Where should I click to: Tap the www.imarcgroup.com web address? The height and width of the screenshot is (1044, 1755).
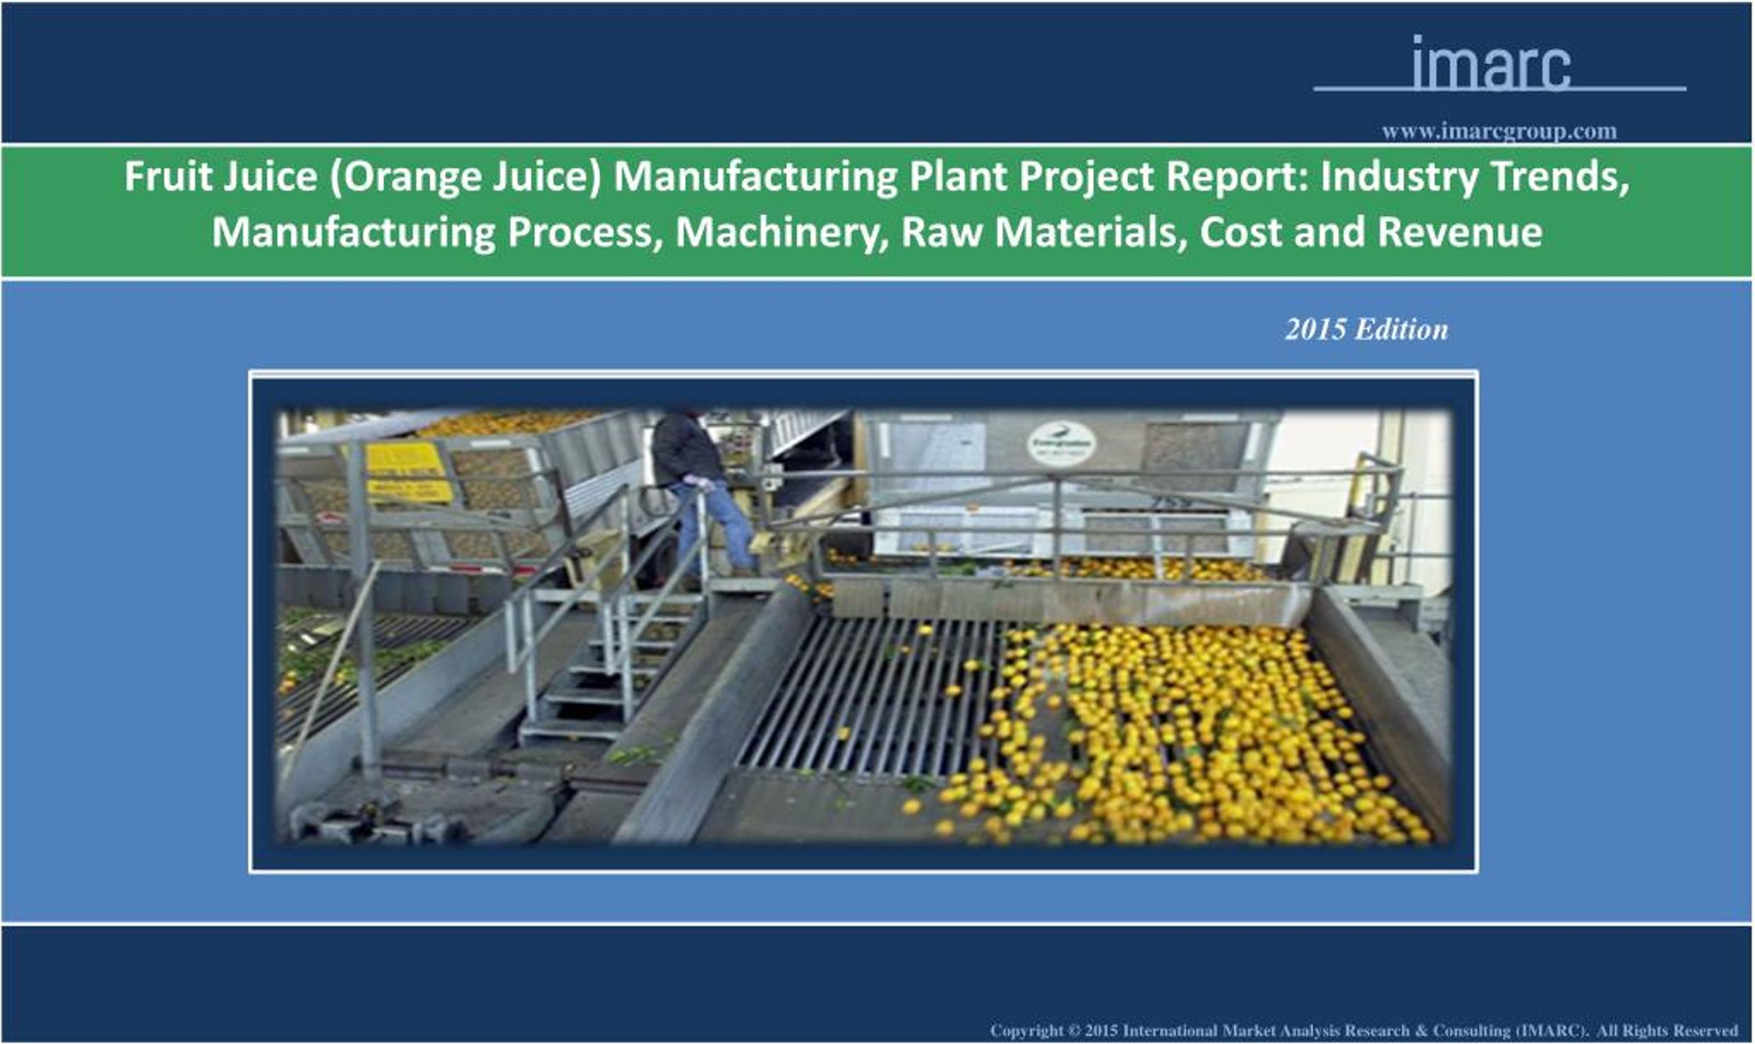1498,132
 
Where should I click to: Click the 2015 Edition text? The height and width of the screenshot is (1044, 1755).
1366,329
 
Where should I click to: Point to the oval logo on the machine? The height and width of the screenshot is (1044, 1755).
1061,444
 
